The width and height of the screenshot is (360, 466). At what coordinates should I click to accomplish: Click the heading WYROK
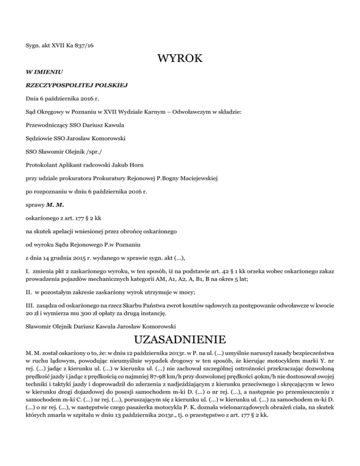[x=180, y=60]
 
